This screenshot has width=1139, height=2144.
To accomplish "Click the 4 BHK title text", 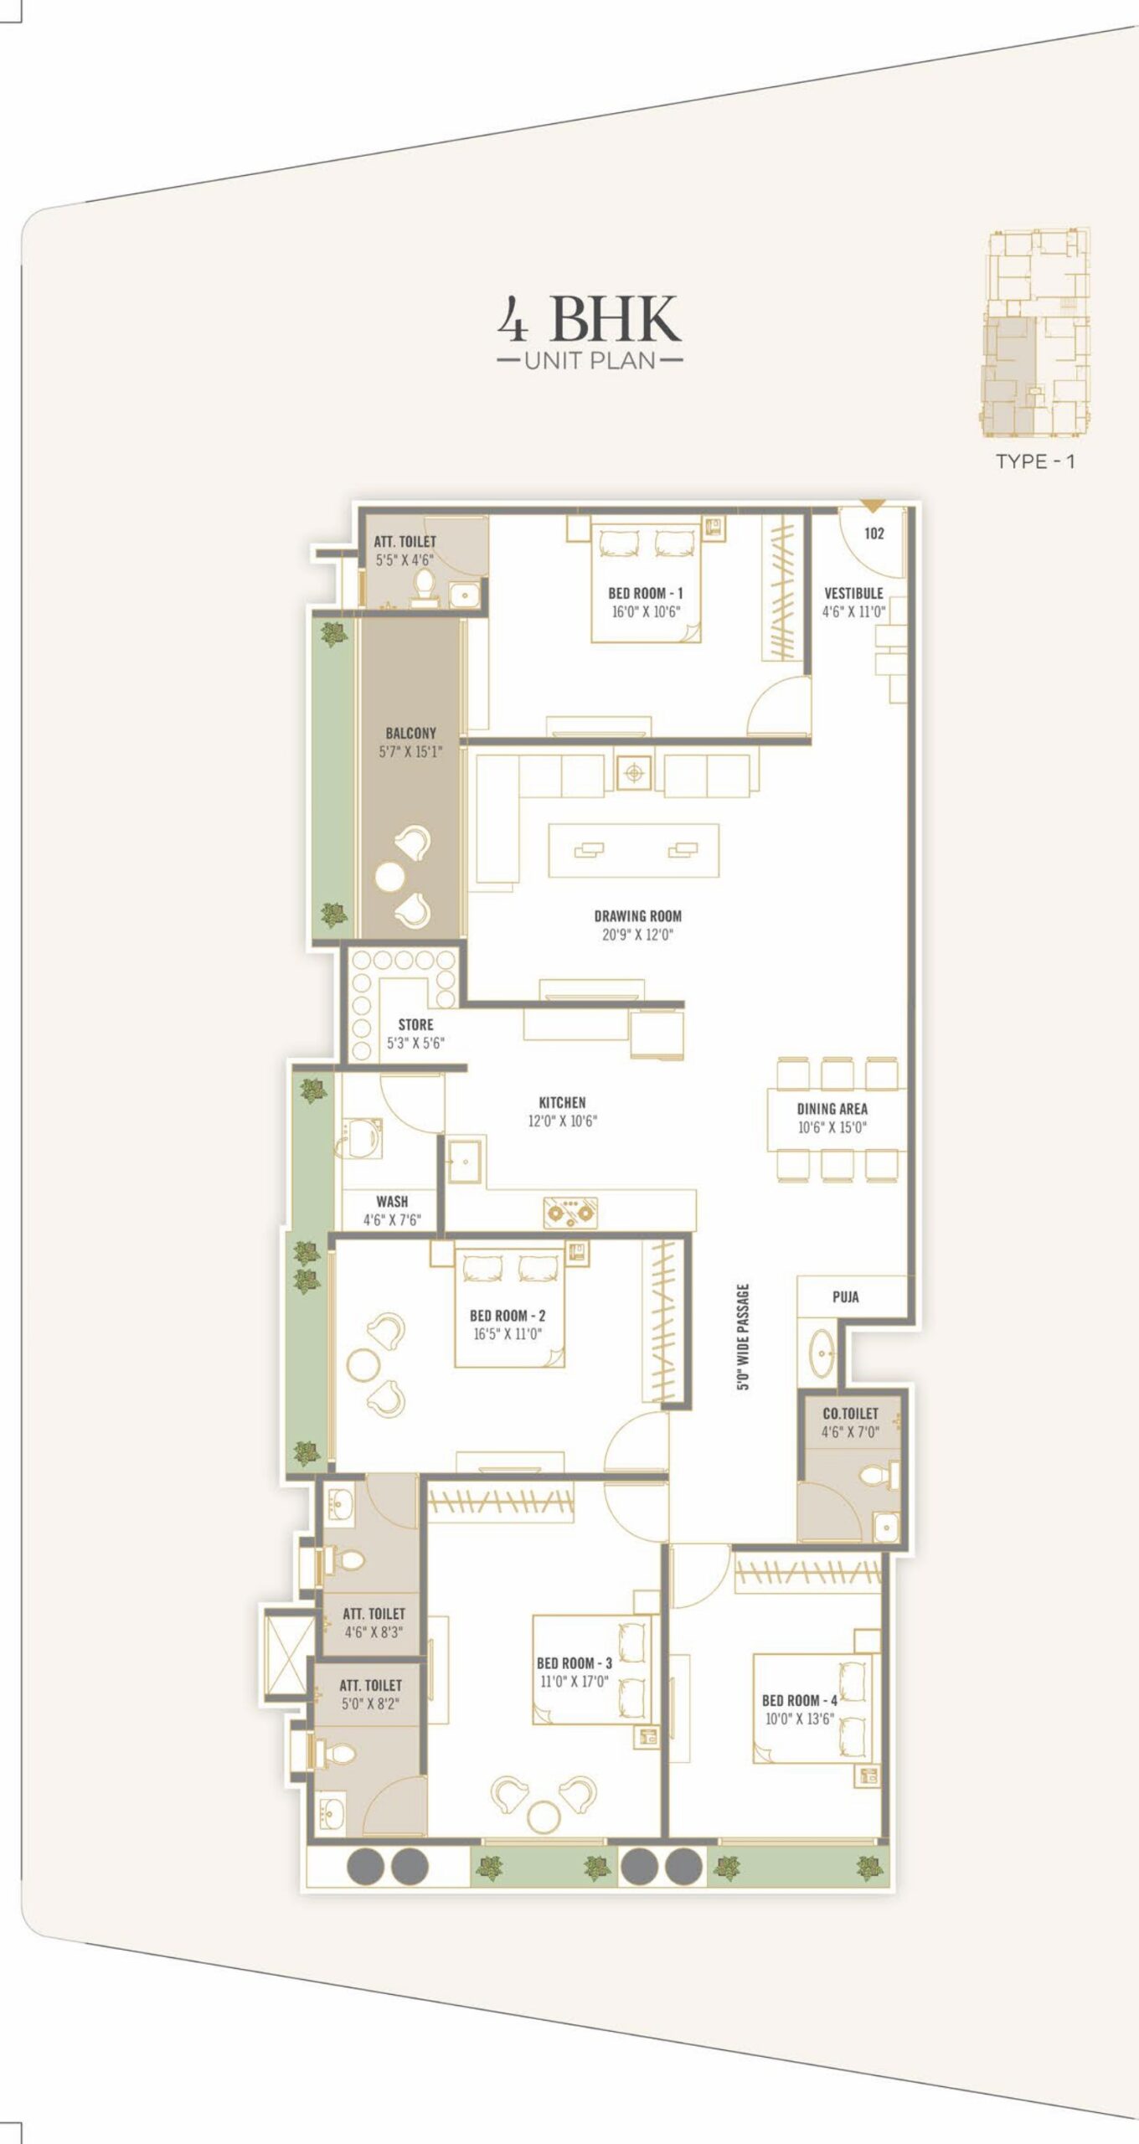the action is (x=590, y=318).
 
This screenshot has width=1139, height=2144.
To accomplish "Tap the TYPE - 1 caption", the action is (x=1035, y=461).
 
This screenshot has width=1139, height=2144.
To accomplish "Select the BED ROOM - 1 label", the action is (x=645, y=593).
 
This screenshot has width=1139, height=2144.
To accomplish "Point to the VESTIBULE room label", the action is (x=853, y=593).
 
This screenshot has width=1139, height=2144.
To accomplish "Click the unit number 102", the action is (x=874, y=533).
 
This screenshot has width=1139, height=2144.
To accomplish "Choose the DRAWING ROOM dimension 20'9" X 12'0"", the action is (x=637, y=935).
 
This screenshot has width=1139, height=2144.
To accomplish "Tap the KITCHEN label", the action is (x=562, y=1102).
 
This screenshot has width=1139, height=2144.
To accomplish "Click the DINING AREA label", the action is (x=832, y=1108).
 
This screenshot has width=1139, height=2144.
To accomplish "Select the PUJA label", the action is (x=845, y=1296).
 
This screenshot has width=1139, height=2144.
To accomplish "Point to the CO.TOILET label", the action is (x=850, y=1413).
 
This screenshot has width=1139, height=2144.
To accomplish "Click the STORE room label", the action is (x=415, y=1024).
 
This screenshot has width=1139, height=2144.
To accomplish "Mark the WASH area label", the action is (x=392, y=1201).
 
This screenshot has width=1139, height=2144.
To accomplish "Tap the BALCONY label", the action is (x=410, y=733).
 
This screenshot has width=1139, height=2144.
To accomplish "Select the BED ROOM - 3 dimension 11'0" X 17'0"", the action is (x=575, y=1681).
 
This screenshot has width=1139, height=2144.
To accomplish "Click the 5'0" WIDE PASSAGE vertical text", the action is (x=743, y=1337).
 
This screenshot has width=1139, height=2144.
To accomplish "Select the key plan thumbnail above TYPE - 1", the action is (x=1037, y=332).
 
